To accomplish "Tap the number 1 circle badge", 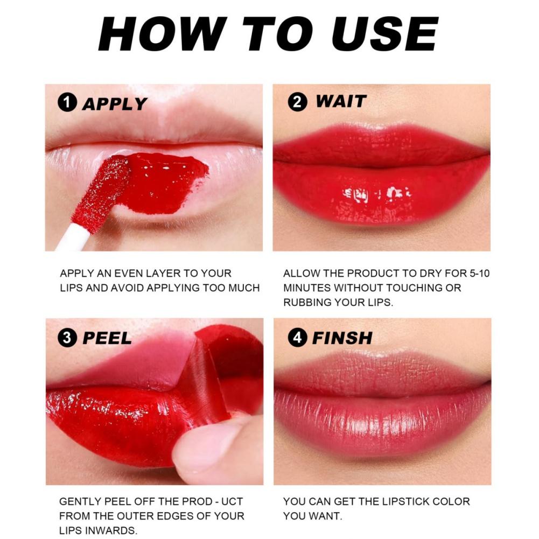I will pos(67,103).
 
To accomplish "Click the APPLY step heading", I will pos(114,103).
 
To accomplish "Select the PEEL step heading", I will pos(107,339).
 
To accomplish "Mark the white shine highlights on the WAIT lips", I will pos(377,192).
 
